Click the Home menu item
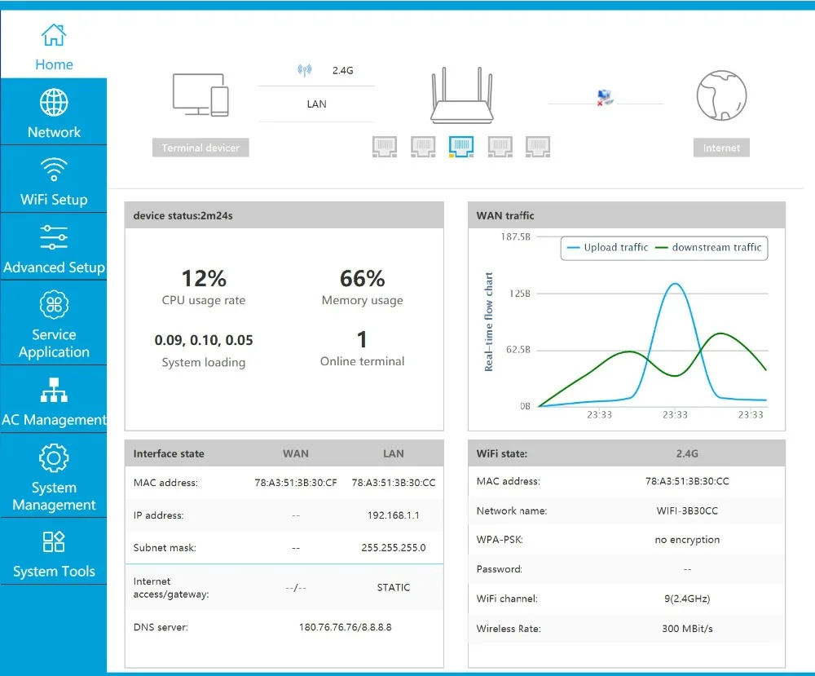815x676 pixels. click(54, 46)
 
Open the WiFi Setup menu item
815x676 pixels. click(54, 180)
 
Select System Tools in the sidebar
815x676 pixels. click(54, 554)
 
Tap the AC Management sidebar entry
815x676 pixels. click(54, 400)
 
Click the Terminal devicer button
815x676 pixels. click(200, 148)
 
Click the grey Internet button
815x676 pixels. click(721, 148)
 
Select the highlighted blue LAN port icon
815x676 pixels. click(461, 147)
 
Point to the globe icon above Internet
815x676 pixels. click(721, 96)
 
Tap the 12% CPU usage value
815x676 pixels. click(204, 278)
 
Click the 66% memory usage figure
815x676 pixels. click(363, 278)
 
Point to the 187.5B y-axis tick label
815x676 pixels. click(514, 236)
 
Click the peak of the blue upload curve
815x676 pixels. click(675, 284)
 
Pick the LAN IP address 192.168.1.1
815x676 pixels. click(394, 515)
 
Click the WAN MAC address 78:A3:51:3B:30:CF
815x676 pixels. click(296, 483)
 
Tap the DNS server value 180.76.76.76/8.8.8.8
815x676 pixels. click(345, 627)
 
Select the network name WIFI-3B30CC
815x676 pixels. click(687, 510)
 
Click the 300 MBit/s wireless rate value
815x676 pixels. click(687, 629)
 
